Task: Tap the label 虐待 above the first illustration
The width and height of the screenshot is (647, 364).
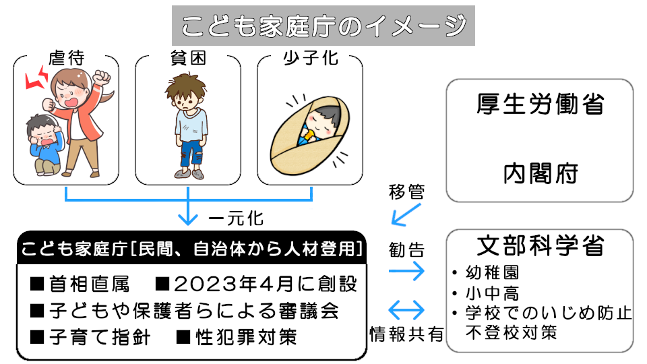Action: pos(66,59)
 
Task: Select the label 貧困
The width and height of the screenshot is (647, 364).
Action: pos(188,59)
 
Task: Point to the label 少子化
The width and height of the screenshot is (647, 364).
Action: pos(310,59)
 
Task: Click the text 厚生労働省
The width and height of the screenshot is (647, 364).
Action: pos(540,106)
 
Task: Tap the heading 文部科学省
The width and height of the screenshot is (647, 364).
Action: pos(540,245)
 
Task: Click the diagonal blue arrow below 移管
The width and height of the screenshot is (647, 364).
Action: pos(406,215)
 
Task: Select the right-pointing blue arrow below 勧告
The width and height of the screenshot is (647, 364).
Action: pos(406,270)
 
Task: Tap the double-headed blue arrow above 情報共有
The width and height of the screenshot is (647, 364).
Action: pos(406,311)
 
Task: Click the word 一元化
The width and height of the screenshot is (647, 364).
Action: pos(235,219)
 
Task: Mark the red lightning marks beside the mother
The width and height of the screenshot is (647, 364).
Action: pos(35,78)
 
